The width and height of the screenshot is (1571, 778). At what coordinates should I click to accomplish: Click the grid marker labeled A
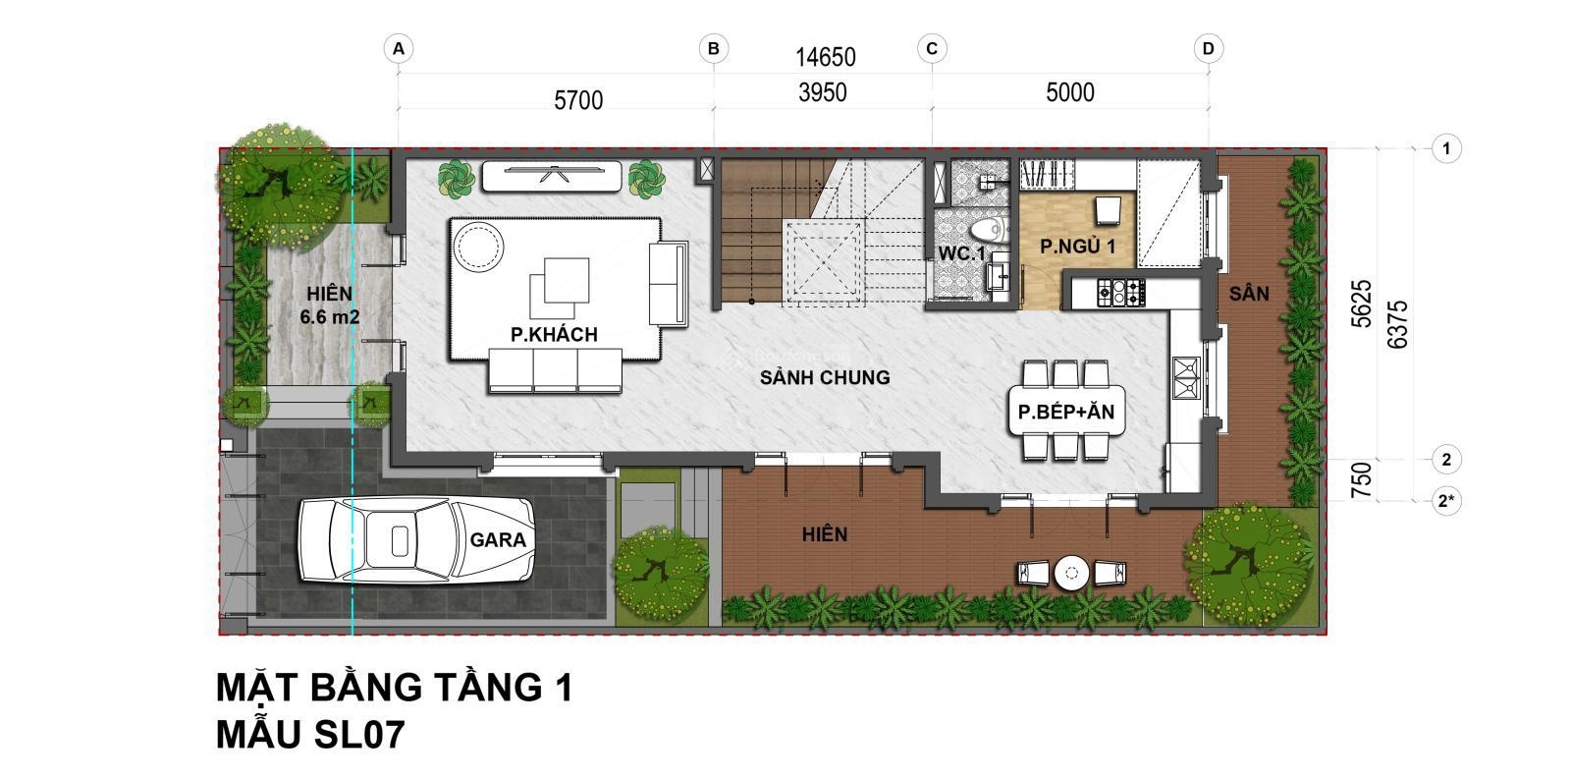(399, 49)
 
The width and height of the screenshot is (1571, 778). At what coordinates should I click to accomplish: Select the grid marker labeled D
(1208, 49)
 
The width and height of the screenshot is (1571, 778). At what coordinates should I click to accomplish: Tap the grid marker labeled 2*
(1446, 501)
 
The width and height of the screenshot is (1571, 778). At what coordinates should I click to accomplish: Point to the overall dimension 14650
(826, 58)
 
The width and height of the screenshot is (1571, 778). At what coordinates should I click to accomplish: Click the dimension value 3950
(823, 92)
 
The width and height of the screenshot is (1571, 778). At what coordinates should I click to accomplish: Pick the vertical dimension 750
(1361, 480)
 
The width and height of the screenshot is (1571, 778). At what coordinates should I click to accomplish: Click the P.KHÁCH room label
(554, 335)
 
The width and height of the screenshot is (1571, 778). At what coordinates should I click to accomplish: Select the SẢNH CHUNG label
(825, 377)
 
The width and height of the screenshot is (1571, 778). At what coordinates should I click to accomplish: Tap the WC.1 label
(961, 253)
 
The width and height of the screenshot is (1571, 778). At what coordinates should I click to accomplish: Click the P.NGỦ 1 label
(1077, 247)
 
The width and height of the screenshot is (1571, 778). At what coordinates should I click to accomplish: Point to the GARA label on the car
(498, 539)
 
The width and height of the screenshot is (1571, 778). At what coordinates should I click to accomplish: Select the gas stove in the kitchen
(1120, 292)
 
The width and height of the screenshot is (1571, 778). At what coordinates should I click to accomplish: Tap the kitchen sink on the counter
(1186, 377)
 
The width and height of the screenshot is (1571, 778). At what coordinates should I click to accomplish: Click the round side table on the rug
(478, 247)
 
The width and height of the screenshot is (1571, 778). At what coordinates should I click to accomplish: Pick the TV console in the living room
(551, 176)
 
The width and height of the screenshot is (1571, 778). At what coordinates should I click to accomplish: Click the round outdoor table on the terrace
(1071, 573)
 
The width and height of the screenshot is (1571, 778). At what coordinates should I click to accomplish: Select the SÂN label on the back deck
(1249, 294)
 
